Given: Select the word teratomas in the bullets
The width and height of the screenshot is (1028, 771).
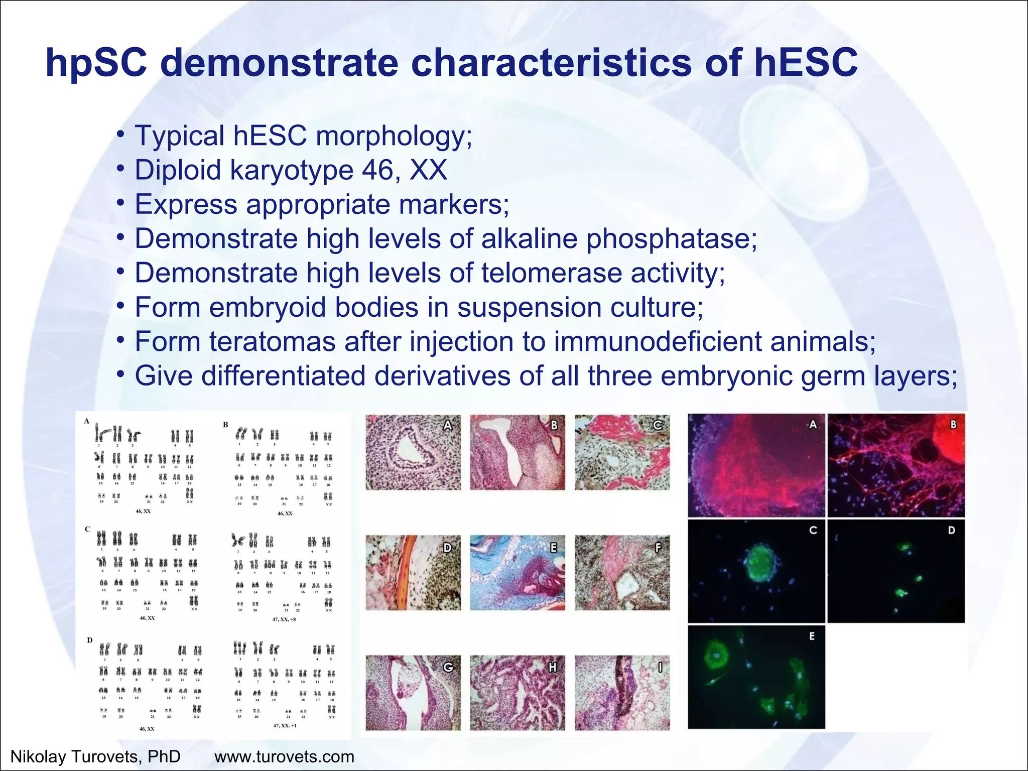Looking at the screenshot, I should click(x=272, y=342).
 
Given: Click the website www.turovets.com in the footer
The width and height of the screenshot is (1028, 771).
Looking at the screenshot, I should click(x=284, y=756).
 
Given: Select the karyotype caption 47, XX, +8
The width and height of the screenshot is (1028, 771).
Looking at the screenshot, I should click(x=284, y=619).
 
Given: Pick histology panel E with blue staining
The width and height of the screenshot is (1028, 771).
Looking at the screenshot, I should click(x=517, y=573).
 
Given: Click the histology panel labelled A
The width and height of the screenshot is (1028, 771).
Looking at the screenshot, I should click(x=413, y=452).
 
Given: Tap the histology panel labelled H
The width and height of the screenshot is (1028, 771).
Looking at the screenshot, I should click(x=517, y=693).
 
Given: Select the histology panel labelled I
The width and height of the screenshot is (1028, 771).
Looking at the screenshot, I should click(x=621, y=693).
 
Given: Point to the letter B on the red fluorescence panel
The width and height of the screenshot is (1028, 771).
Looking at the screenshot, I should click(x=953, y=425).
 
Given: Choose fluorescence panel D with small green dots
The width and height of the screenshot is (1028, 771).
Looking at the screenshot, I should click(x=896, y=571).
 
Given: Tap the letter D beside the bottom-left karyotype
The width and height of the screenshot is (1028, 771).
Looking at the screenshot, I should click(x=89, y=640).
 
